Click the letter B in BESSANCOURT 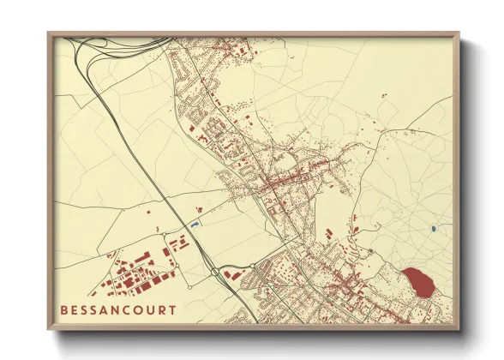point(64,309)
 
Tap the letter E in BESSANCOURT point(76,309)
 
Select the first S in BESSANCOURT point(87,309)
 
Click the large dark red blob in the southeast point(417,281)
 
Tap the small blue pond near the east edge point(434,229)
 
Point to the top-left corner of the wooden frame point(49,33)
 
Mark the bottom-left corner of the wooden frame point(49,329)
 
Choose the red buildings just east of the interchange point(230,274)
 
